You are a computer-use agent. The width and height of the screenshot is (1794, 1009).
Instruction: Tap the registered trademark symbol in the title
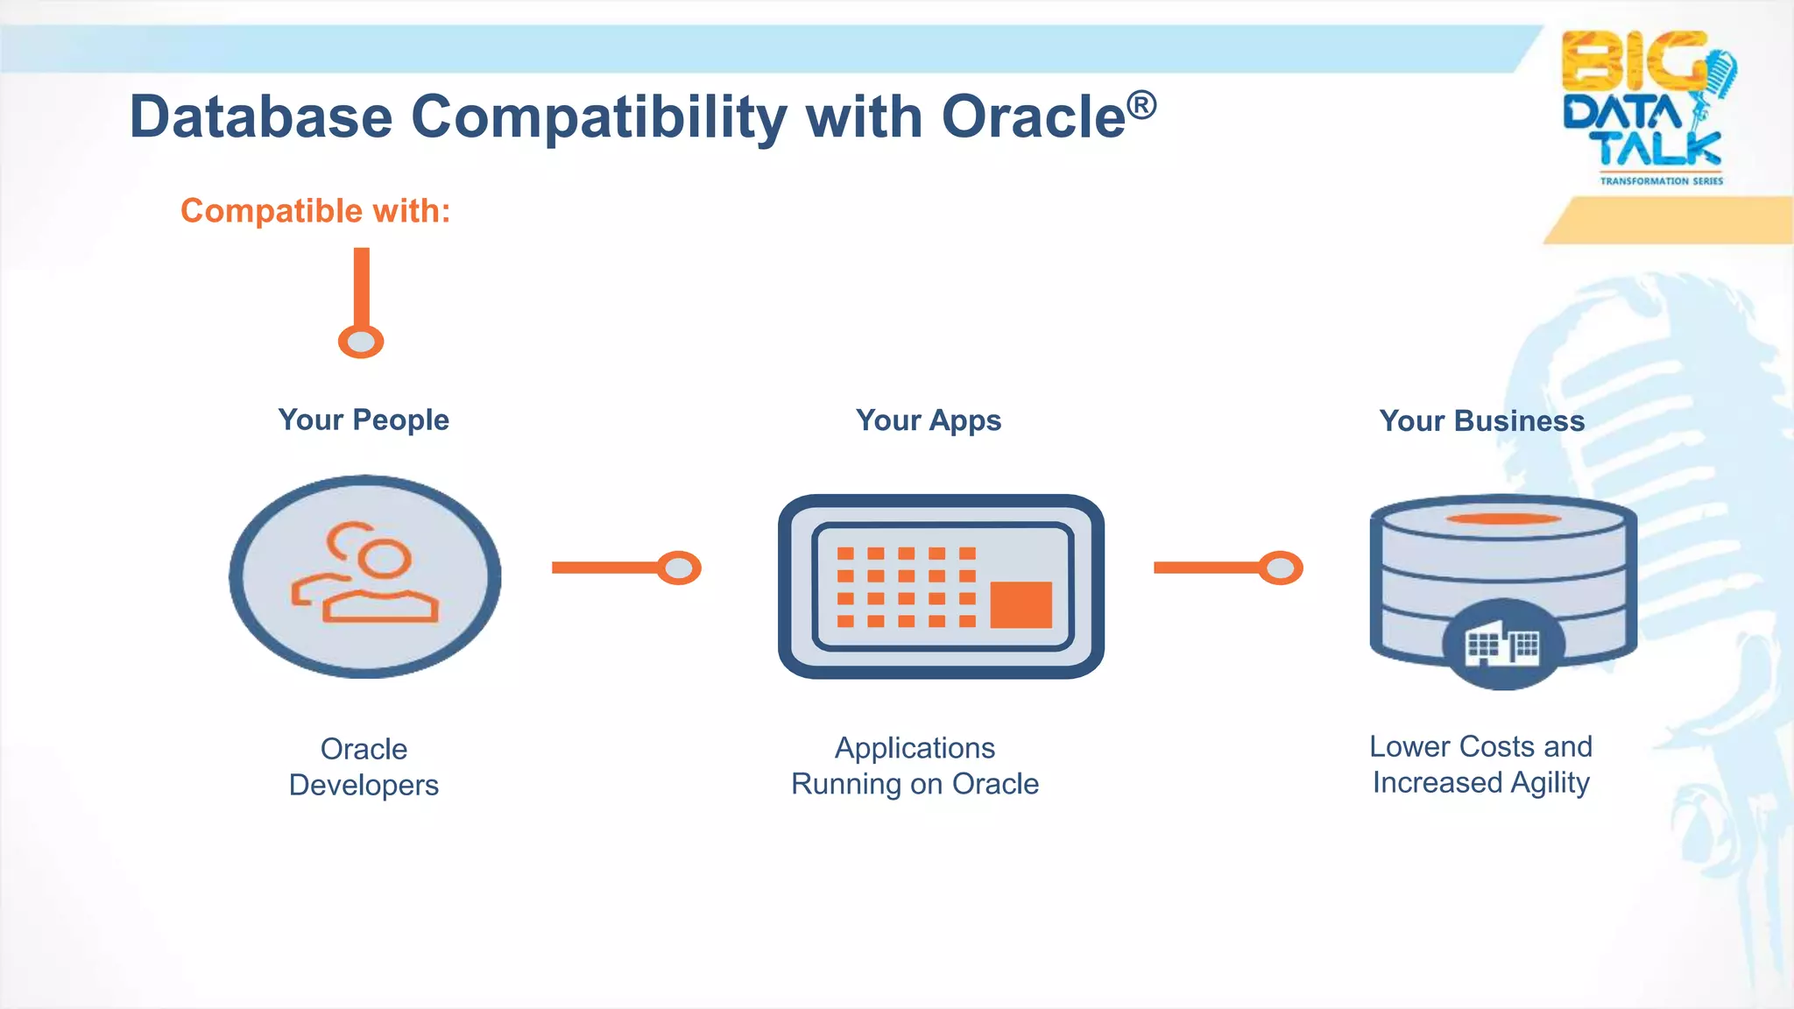tap(1141, 105)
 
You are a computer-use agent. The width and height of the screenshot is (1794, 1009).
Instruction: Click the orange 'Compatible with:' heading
tap(315, 211)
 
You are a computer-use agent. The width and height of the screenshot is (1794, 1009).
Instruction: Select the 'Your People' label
tap(364, 420)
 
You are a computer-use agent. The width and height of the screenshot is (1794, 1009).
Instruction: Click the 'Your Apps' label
tap(929, 420)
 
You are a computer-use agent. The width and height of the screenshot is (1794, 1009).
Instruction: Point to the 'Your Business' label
tap(1481, 421)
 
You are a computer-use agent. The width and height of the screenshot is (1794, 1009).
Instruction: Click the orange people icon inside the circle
tap(366, 574)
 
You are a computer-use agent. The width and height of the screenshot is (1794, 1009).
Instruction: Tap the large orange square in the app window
tap(1021, 604)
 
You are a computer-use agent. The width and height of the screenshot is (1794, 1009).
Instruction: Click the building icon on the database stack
tap(1503, 646)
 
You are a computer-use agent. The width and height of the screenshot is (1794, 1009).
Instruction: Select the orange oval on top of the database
tap(1503, 519)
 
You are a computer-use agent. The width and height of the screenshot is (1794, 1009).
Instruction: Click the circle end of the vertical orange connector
tap(361, 342)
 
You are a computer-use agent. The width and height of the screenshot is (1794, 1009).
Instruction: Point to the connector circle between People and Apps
tap(679, 568)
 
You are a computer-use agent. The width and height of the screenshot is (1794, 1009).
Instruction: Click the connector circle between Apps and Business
tap(1281, 568)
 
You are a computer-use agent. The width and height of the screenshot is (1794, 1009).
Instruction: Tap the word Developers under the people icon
tap(364, 785)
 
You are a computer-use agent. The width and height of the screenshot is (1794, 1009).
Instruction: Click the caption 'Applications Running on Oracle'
tap(915, 766)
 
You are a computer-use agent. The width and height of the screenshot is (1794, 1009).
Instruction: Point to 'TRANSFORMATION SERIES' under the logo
tap(1661, 181)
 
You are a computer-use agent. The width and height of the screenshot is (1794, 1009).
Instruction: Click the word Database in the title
tap(261, 117)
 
